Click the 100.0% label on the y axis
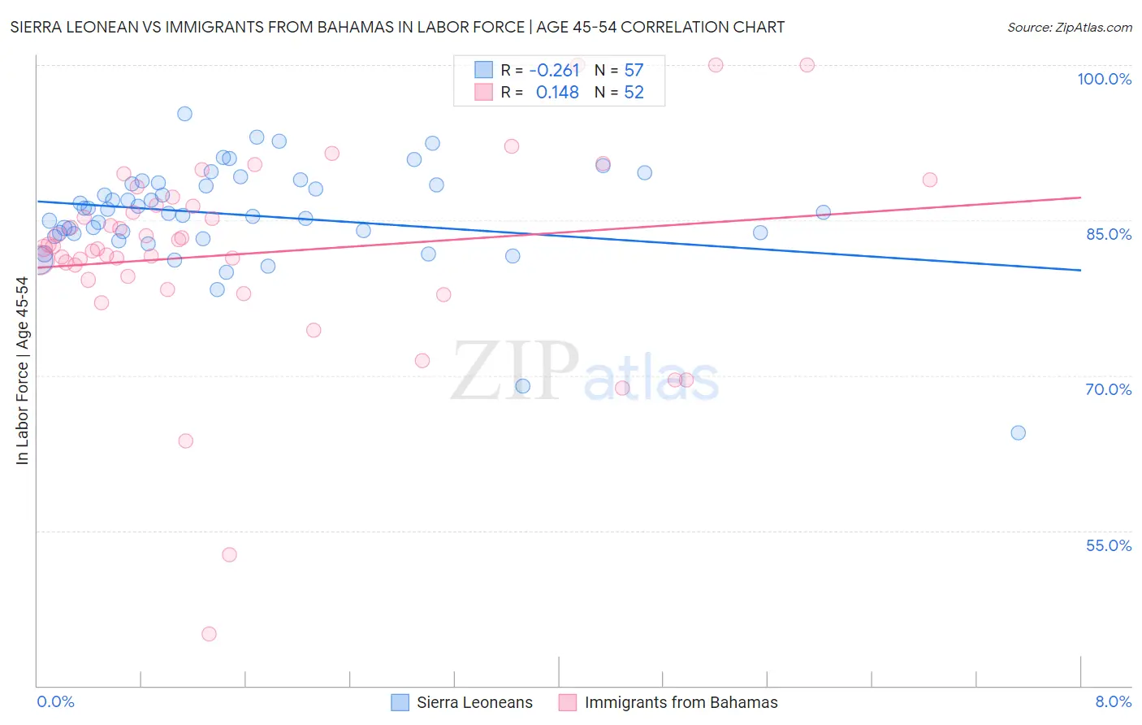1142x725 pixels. (1104, 79)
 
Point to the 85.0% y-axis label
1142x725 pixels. (1109, 234)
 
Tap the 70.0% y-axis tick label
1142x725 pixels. (1109, 389)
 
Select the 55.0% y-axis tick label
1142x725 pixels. (1109, 545)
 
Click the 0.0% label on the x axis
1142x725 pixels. (55, 701)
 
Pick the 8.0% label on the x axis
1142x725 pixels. (1113, 701)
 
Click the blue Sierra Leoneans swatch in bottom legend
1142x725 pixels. (400, 702)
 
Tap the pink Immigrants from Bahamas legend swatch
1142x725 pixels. (567, 702)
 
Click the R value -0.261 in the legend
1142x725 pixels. (554, 71)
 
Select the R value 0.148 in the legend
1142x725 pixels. (557, 93)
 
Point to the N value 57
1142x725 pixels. (634, 71)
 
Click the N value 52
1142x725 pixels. (634, 93)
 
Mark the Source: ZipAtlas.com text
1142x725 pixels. (1069, 28)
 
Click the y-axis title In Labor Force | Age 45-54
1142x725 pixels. (22, 371)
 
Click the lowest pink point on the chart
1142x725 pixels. (209, 634)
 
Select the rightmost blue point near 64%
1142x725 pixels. (1018, 432)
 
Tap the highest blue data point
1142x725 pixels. (184, 114)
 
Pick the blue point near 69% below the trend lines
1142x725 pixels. (523, 386)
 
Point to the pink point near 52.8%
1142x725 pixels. (229, 554)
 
